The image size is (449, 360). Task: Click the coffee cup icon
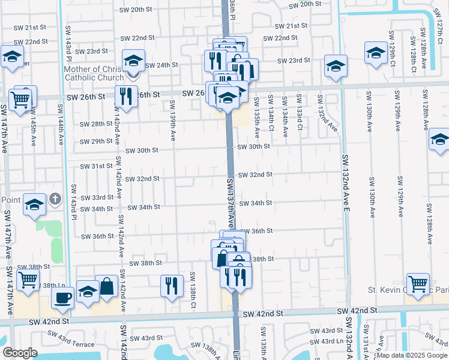click(62, 297)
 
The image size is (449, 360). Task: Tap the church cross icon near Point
click(55, 199)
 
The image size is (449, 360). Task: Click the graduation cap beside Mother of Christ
click(133, 60)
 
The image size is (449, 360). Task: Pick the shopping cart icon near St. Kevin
click(418, 283)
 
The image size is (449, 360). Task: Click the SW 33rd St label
click(98, 197)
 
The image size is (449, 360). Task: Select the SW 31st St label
click(97, 166)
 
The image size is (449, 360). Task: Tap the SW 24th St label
click(162, 65)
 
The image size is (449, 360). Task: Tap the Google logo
click(20, 353)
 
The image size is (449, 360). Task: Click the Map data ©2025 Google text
click(412, 355)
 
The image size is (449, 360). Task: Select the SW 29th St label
click(97, 142)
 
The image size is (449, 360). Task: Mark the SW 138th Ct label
click(193, 290)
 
